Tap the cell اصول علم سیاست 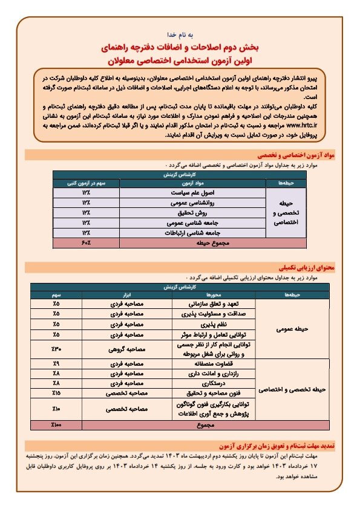(193, 192)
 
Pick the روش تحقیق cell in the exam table (193, 212)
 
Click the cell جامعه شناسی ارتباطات (193, 232)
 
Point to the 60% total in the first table (86, 242)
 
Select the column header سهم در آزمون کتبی (86, 181)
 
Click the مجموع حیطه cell (193, 242)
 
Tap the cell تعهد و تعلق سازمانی (216, 304)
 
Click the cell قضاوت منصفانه (216, 364)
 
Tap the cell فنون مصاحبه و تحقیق (216, 393)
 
